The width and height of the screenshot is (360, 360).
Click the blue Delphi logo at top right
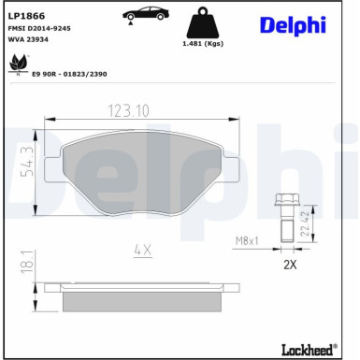point(293,24)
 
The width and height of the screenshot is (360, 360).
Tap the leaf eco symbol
point(16,65)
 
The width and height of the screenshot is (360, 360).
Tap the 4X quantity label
point(141,251)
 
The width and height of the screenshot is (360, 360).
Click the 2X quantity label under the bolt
point(290,266)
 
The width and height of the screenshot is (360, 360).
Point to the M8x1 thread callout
point(246,241)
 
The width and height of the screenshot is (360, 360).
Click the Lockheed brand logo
point(307,349)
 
